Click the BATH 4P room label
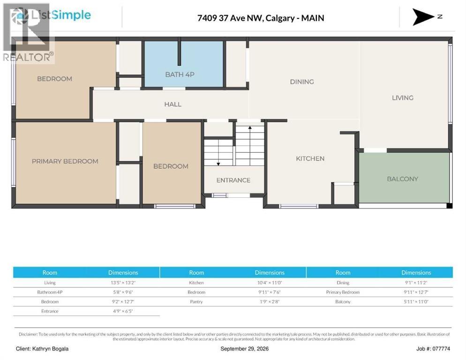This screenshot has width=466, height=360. [x=180, y=75]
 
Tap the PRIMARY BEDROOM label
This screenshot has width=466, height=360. [x=65, y=161]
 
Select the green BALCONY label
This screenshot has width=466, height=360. [x=402, y=179]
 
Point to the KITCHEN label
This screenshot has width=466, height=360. [x=310, y=158]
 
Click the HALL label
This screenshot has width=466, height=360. [x=173, y=105]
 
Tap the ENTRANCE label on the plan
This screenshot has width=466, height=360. [x=233, y=180]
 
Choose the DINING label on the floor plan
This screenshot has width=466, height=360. [x=302, y=82]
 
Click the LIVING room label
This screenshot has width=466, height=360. [x=403, y=97]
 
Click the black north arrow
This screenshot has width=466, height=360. [x=423, y=17]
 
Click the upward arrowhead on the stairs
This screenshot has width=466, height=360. [x=250, y=128]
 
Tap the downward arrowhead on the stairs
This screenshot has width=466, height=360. [x=218, y=164]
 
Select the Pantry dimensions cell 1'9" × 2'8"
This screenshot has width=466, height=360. [x=270, y=301]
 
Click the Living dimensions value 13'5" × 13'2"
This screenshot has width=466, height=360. [x=123, y=282]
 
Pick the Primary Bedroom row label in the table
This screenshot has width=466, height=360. [x=343, y=292]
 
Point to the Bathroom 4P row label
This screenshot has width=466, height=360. [x=50, y=292]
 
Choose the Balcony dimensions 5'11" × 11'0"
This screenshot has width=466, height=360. [x=416, y=301]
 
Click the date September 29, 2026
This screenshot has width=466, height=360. [x=245, y=349]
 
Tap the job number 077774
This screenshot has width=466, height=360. [x=441, y=349]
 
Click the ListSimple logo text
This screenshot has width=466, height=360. [x=61, y=15]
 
